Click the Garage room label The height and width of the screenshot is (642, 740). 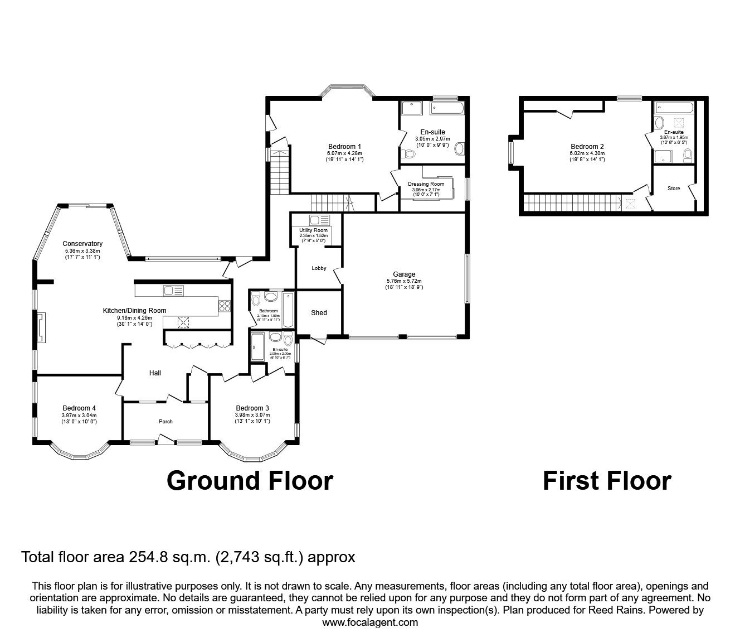[404, 274]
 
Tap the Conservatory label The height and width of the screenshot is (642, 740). [82, 244]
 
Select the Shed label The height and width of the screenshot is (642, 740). [319, 313]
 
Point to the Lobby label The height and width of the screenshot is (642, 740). [319, 268]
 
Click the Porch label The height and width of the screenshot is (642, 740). [165, 422]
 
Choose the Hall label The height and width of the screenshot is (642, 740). [155, 373]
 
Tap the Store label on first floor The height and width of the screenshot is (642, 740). [674, 189]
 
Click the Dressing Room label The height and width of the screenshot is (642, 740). [426, 184]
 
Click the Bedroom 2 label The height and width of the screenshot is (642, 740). [587, 147]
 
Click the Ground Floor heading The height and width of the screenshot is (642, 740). [250, 481]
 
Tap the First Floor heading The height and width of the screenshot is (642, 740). [607, 481]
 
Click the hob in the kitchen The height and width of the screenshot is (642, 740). [225, 305]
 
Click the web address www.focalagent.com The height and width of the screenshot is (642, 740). [370, 622]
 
